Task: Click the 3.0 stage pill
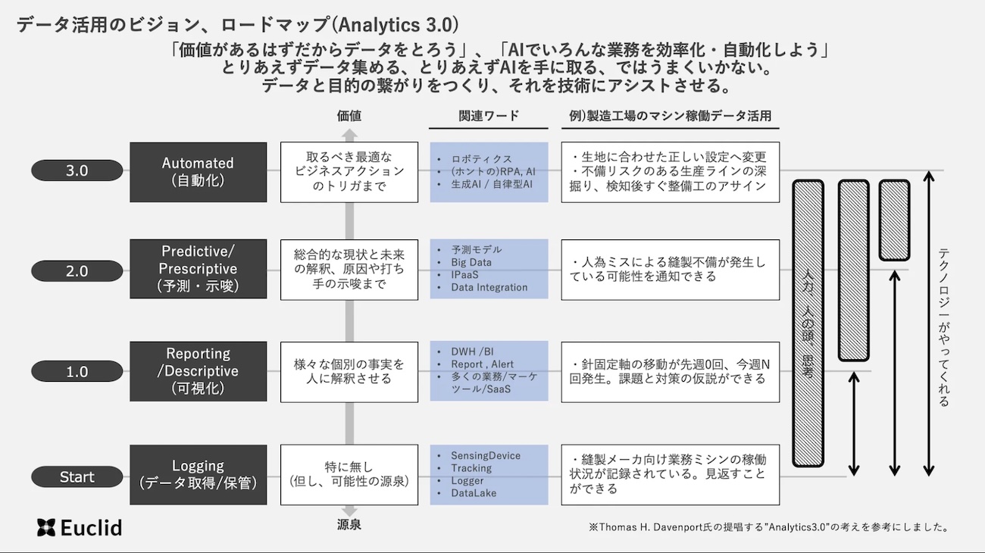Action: click(x=77, y=170)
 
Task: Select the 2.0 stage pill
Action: click(x=77, y=270)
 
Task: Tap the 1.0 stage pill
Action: click(x=77, y=371)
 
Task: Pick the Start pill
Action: click(x=77, y=476)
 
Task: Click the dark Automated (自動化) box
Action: click(x=199, y=172)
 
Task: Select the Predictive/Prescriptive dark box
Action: click(x=199, y=269)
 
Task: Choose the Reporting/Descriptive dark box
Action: click(x=199, y=371)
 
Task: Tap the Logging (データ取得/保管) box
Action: click(x=199, y=474)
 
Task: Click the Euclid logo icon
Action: click(x=46, y=527)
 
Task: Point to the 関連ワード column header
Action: click(x=489, y=116)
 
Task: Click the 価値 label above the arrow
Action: click(x=349, y=116)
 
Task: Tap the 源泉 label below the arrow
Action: click(x=349, y=524)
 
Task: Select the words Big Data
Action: click(x=471, y=262)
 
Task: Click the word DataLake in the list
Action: click(x=474, y=493)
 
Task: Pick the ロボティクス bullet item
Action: click(x=481, y=158)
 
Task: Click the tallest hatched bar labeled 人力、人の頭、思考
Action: click(x=808, y=323)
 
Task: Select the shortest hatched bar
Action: click(x=894, y=220)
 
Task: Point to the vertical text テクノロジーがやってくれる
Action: click(x=943, y=327)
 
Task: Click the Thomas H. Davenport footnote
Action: click(x=768, y=526)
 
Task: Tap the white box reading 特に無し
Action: click(x=349, y=474)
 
